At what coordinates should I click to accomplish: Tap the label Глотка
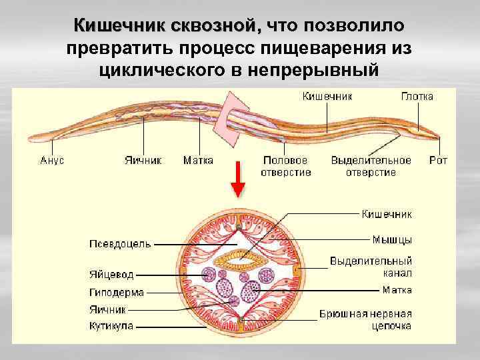417,97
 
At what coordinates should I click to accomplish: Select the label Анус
52,161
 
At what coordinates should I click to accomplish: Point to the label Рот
438,161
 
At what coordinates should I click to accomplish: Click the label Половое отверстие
285,167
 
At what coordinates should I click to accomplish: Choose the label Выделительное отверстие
371,167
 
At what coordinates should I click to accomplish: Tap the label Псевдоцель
120,243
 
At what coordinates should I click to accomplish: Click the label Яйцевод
111,275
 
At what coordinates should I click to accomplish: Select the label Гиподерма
116,292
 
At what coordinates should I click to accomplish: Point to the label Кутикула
111,326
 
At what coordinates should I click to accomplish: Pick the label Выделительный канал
371,267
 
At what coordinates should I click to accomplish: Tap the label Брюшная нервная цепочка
365,319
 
